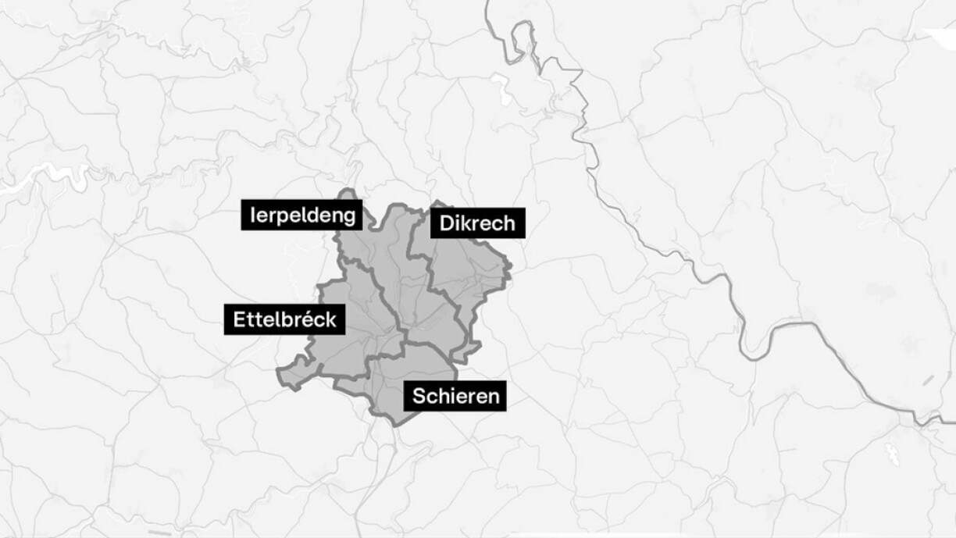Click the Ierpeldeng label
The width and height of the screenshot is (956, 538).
[301, 215]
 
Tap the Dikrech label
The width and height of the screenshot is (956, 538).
[477, 223]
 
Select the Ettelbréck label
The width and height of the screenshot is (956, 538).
[284, 319]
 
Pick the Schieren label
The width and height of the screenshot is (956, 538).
[455, 396]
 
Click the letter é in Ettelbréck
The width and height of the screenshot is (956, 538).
[309, 319]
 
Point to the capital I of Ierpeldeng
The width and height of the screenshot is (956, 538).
[253, 215]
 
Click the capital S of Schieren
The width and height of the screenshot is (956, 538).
[419, 396]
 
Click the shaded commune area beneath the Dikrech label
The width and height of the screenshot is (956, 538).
[469, 269]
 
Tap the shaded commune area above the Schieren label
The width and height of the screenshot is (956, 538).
[414, 367]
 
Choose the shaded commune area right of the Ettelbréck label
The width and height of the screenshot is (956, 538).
[363, 328]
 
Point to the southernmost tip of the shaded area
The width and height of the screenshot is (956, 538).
[398, 424]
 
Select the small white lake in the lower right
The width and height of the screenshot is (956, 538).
[892, 452]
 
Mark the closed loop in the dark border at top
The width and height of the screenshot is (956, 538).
[521, 34]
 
